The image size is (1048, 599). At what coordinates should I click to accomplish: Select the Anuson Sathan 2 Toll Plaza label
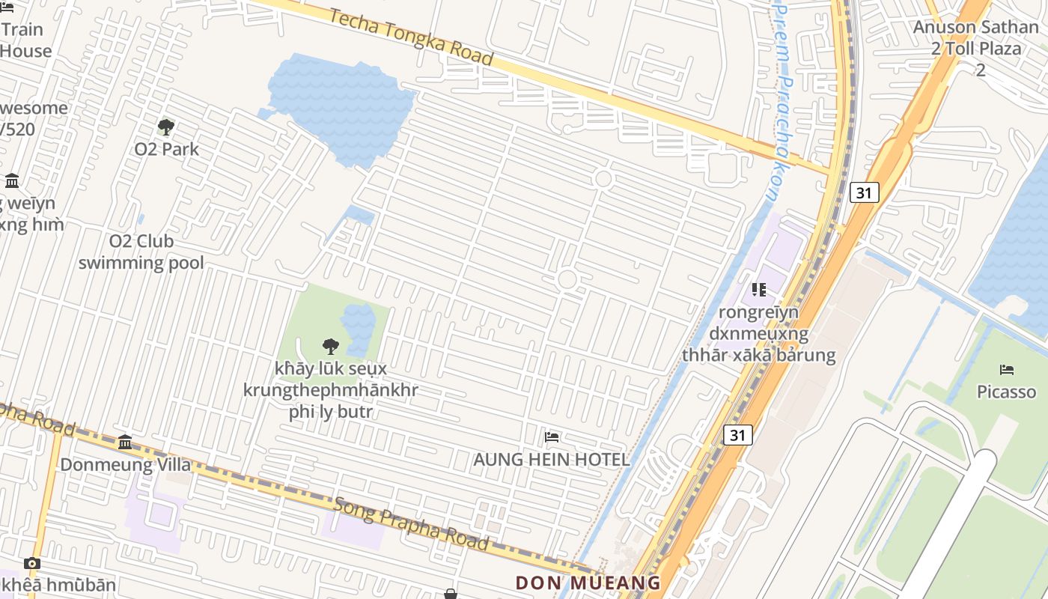point(976,48)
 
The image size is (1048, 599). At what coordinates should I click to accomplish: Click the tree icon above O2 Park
point(166,127)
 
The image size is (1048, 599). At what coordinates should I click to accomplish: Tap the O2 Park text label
point(166,149)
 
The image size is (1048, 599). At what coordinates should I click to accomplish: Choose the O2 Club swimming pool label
point(141,252)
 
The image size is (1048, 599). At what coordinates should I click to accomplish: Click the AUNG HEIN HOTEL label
point(552,459)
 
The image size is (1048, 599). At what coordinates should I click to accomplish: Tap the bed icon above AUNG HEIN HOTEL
point(552,437)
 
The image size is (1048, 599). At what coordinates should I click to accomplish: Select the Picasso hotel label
point(1006,392)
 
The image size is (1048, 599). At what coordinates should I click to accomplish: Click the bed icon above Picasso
point(1007,370)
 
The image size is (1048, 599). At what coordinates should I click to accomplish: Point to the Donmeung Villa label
point(125,464)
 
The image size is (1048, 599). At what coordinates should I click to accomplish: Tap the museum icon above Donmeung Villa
point(125,442)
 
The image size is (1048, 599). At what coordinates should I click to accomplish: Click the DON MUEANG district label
point(588,583)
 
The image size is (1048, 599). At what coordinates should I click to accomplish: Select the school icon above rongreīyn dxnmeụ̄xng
point(759,289)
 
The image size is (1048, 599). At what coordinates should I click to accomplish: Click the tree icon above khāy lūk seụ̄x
point(330,346)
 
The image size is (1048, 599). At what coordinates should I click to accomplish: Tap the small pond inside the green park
point(359,329)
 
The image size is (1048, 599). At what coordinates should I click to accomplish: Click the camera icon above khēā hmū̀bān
point(31,563)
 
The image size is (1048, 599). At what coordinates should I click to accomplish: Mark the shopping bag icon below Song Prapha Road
point(451,594)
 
